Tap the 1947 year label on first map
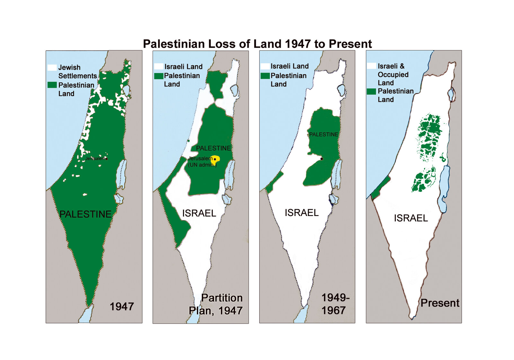coord(121,307)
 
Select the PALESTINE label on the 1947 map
coord(85,214)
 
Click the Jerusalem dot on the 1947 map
coord(107,159)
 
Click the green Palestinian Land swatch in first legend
coord(52,85)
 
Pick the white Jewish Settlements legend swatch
coord(52,67)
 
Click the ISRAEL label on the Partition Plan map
coord(199,213)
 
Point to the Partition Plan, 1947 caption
coord(216,304)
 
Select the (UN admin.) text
coord(202,165)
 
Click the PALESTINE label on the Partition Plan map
coord(213,148)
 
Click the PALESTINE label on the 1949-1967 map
coord(323,134)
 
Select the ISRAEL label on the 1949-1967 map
coord(301,212)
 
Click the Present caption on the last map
coord(440,303)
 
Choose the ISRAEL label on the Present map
coord(411,218)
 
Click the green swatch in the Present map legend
coord(371,91)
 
